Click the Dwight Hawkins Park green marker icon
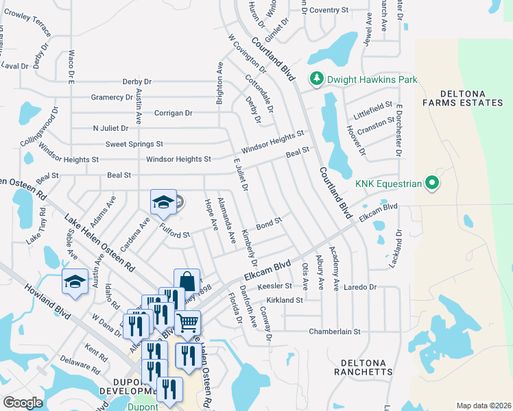point(317,80)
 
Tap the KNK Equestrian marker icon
point(431,183)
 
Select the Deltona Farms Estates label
point(462,98)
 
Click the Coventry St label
point(329,10)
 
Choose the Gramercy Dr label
point(112,97)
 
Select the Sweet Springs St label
point(134,144)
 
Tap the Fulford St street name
point(175,231)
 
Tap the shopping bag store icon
point(187,280)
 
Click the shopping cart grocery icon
point(187,321)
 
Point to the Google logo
point(23,403)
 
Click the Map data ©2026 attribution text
point(483,406)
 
